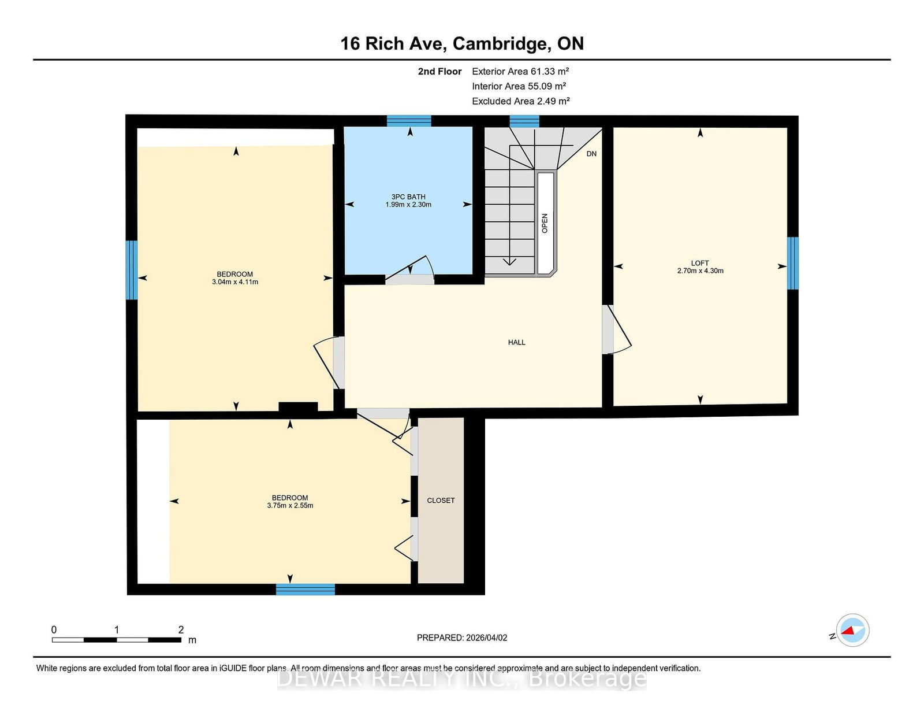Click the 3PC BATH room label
coord(408,197)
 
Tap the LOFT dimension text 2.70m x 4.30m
coord(700,271)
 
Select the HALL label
coord(516,342)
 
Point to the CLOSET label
coord(441,501)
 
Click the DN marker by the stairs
coord(591,154)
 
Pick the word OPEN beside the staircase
coord(545,223)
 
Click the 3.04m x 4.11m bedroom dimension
coord(234,281)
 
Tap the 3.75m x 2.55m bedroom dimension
coord(290,506)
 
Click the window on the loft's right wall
coord(792,263)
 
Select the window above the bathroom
coord(409,121)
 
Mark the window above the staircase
coord(524,121)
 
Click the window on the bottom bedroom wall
coord(305,589)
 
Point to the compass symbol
coord(852,630)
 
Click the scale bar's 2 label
coord(181,629)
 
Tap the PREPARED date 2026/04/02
coord(486,638)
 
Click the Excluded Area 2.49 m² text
coord(520,101)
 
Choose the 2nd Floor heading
coord(439,72)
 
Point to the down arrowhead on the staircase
coord(509,262)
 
